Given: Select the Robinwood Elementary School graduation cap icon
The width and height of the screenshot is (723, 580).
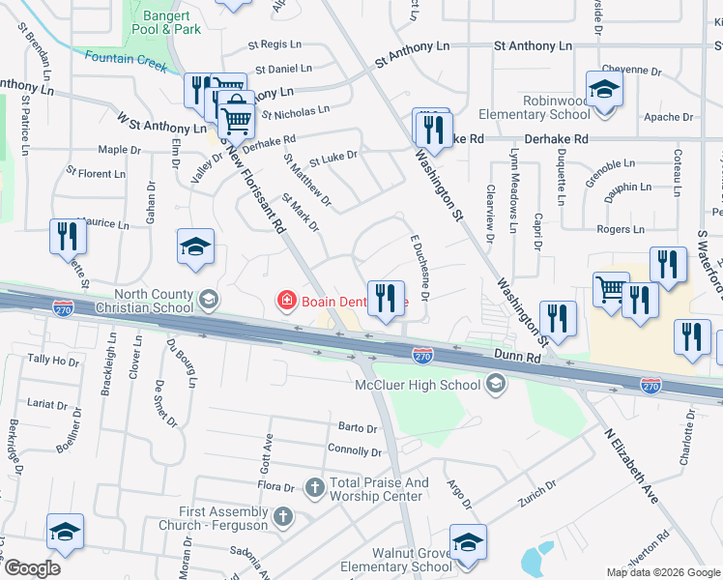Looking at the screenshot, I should (x=604, y=90).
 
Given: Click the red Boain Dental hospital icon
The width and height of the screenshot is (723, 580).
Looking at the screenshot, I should (x=286, y=301).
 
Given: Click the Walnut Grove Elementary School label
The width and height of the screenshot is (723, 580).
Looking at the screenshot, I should (x=398, y=559).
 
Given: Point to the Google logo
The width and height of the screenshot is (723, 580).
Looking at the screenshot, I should (x=32, y=567).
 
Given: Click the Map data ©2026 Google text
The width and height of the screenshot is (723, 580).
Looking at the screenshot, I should (x=662, y=572).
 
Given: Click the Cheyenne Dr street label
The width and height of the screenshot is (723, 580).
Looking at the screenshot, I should (x=631, y=71).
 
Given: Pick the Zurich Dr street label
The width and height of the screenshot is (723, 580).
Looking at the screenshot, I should (x=537, y=491).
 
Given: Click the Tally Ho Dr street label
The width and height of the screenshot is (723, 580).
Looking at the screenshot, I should (x=52, y=360).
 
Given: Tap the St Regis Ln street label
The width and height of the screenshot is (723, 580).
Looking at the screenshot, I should (x=281, y=44).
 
